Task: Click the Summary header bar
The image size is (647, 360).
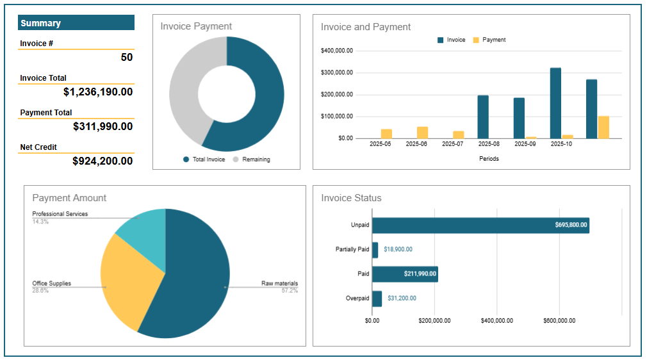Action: coord(76,23)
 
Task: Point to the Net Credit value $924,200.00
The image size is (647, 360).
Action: coord(102,161)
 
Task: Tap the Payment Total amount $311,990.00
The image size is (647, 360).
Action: coord(102,126)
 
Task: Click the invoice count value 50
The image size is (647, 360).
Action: coord(127,57)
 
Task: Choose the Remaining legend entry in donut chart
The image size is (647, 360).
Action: coord(256,160)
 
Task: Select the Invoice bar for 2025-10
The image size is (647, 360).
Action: coord(555,103)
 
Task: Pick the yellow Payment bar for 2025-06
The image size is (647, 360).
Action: coord(422,133)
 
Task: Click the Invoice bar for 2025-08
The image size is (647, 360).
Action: coord(483,117)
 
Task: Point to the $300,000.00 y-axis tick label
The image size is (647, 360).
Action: coord(337,72)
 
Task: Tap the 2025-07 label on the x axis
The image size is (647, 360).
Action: coord(453,144)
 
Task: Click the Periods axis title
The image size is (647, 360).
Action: coord(489,159)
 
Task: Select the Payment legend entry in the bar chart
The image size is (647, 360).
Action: coord(493,40)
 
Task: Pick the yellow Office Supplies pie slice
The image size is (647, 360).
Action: coord(128,282)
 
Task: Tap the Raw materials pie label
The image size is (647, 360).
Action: coord(279,283)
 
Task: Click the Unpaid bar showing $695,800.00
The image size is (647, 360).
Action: coord(480,225)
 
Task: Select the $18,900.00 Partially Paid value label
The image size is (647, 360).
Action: coord(398,249)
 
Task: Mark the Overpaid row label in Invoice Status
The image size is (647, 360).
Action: coord(357,298)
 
